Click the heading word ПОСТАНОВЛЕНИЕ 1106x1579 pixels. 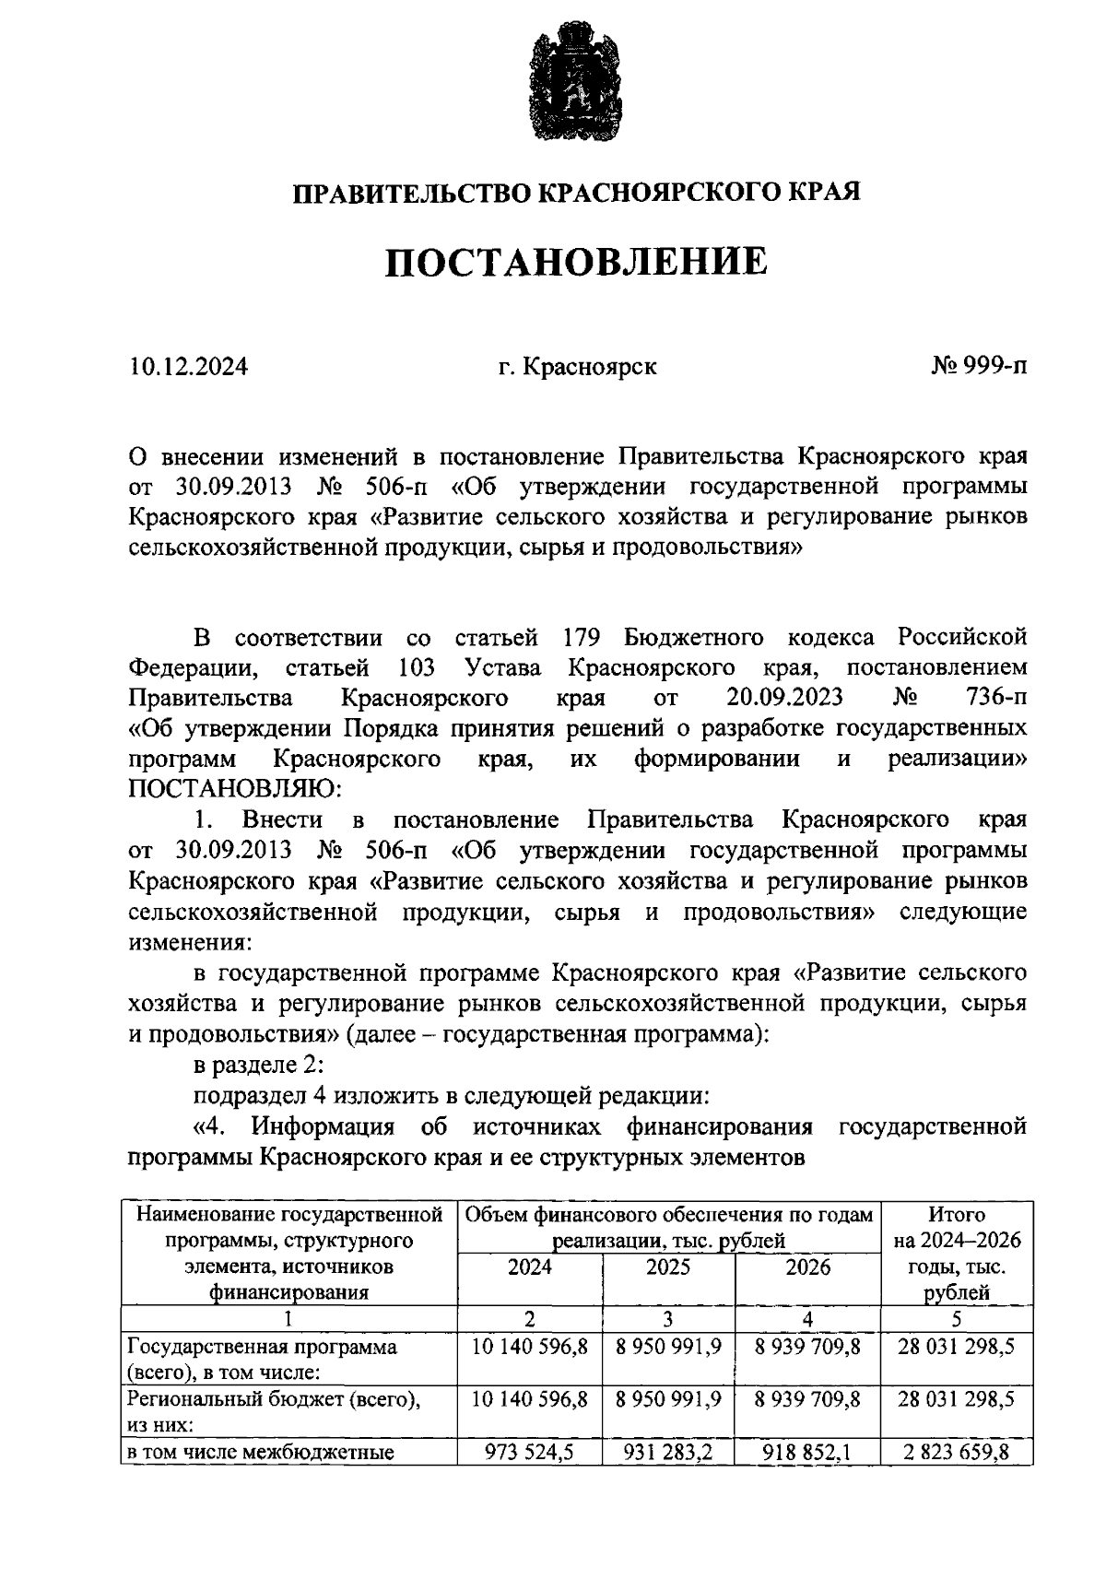(575, 262)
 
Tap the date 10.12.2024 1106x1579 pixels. (188, 367)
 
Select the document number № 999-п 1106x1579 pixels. (979, 367)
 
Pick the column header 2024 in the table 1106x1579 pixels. (530, 1267)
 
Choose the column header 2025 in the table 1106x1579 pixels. (668, 1267)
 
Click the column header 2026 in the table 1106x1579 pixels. (807, 1267)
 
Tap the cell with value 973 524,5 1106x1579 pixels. (530, 1454)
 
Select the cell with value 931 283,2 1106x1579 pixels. (668, 1454)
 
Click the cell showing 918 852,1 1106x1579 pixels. (807, 1454)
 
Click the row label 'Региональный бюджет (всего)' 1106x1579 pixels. (274, 1399)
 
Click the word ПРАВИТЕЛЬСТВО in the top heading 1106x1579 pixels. (411, 193)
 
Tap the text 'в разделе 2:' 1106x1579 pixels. (259, 1066)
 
